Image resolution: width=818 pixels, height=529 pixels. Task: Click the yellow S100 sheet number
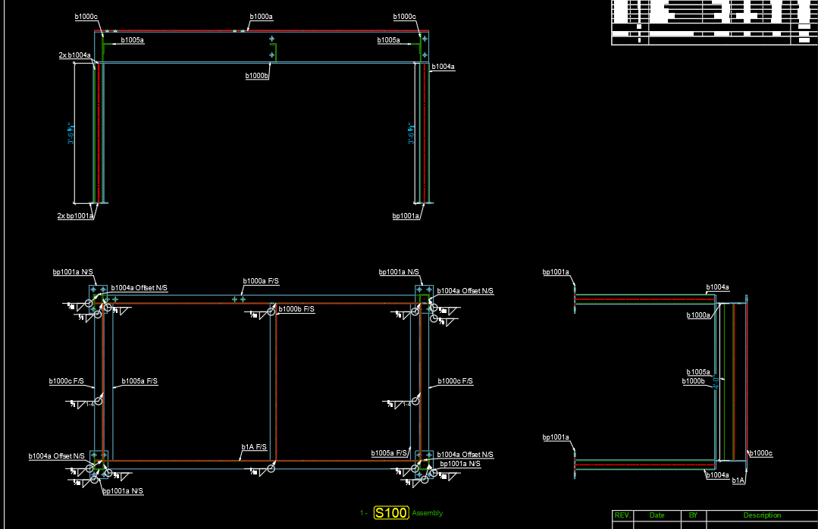pyautogui.click(x=391, y=513)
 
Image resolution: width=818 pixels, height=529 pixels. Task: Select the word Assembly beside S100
pyautogui.click(x=428, y=513)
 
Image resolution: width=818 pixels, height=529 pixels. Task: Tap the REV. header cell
pyautogui.click(x=622, y=515)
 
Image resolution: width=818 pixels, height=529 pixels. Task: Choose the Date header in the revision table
pyautogui.click(x=657, y=515)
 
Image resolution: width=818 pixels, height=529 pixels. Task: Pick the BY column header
pyautogui.click(x=693, y=515)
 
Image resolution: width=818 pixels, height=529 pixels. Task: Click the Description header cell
pyautogui.click(x=761, y=515)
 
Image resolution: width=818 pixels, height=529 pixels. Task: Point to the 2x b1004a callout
pyautogui.click(x=74, y=55)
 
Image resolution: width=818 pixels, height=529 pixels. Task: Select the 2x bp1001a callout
pyautogui.click(x=74, y=216)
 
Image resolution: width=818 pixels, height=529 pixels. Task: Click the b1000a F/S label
pyautogui.click(x=261, y=281)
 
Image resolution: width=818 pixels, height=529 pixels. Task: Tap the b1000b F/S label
pyautogui.click(x=296, y=309)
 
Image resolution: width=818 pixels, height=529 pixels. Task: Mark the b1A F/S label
pyautogui.click(x=254, y=447)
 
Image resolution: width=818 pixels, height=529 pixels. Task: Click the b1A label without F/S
pyautogui.click(x=738, y=480)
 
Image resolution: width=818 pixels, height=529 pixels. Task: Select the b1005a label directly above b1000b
pyautogui.click(x=698, y=372)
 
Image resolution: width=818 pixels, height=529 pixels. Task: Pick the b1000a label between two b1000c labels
pyautogui.click(x=261, y=16)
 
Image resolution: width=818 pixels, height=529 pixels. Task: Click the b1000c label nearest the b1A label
pyautogui.click(x=760, y=453)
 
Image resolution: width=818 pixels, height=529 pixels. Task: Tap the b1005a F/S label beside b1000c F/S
pyautogui.click(x=139, y=381)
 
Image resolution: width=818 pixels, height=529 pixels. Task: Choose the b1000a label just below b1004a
pyautogui.click(x=698, y=315)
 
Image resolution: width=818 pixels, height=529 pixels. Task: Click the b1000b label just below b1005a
pyautogui.click(x=693, y=381)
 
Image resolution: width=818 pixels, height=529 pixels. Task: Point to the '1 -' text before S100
pyautogui.click(x=364, y=513)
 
